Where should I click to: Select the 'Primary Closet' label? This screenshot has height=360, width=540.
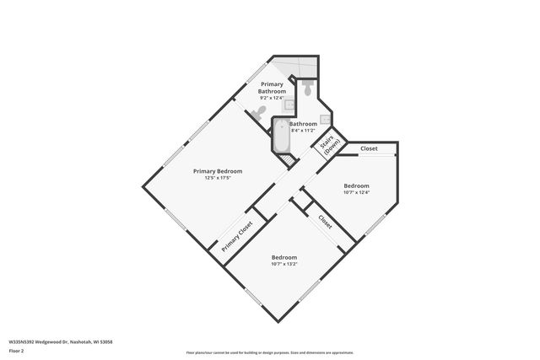click(x=238, y=237)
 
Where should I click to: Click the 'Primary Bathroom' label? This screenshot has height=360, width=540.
click(x=272, y=88)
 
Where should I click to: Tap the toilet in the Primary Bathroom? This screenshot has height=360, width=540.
click(x=261, y=111)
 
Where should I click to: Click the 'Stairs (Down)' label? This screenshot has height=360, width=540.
click(x=330, y=144)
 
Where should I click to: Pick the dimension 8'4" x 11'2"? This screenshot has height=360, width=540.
click(x=302, y=131)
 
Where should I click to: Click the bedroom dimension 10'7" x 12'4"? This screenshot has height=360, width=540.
click(x=356, y=192)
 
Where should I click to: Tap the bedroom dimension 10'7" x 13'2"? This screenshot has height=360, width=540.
click(x=284, y=264)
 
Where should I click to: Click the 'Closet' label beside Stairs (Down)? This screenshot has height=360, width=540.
click(x=369, y=148)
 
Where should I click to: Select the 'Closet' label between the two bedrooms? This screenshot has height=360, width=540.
click(x=325, y=220)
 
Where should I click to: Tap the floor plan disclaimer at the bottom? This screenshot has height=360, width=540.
click(x=270, y=353)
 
